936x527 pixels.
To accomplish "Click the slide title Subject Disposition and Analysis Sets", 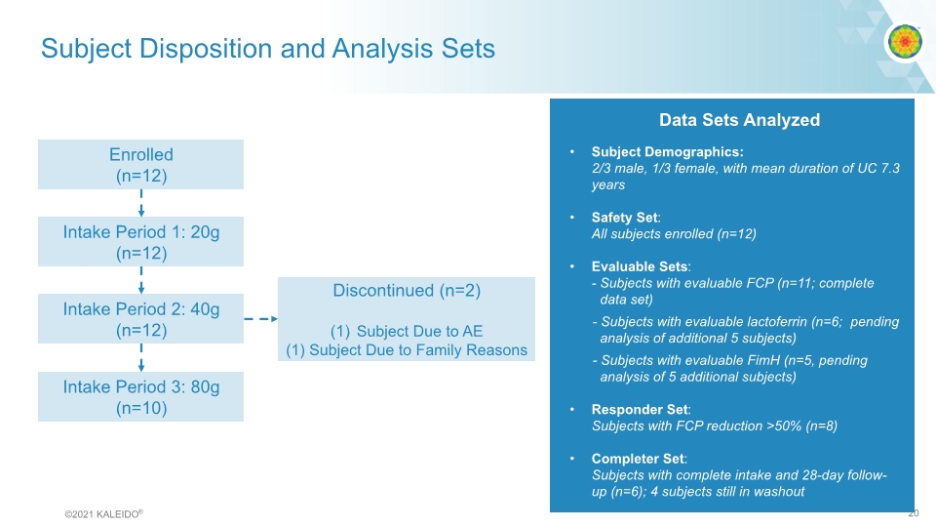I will (267, 49).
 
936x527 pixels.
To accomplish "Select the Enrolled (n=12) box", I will (140, 165).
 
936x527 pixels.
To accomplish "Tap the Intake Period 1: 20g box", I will (140, 242).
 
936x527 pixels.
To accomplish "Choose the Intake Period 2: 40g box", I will (140, 319).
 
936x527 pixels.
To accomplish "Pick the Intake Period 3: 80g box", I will (140, 397).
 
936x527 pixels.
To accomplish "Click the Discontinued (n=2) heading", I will (407, 291).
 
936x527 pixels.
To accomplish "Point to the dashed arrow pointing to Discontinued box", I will (259, 319).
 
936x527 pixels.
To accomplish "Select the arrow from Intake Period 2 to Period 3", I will (141, 357).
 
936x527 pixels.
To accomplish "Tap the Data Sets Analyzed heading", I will (739, 120).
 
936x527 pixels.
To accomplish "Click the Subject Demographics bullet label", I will (667, 152).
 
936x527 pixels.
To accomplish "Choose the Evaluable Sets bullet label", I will (640, 266).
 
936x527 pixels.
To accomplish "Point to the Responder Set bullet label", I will (640, 410).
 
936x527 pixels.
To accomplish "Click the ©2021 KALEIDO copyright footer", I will (104, 513).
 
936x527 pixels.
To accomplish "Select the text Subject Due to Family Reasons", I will (417, 350).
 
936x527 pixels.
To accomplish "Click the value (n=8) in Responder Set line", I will (817, 426).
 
